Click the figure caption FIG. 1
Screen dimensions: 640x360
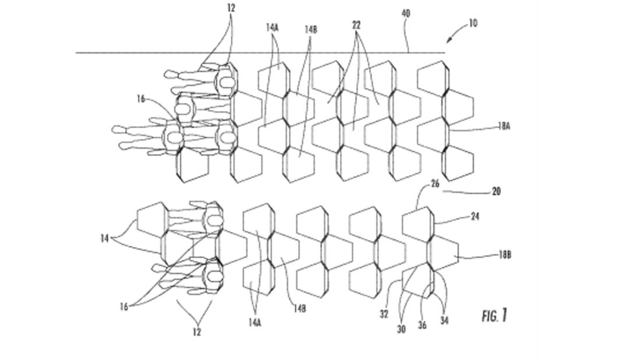tap(494, 315)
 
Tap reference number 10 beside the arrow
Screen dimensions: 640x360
tap(473, 23)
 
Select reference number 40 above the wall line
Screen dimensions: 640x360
tap(406, 13)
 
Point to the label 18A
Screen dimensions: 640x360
tap(504, 126)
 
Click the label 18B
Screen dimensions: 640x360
tap(505, 255)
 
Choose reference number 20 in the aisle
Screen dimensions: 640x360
tap(496, 191)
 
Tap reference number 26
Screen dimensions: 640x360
tap(435, 184)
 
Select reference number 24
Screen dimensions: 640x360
tap(475, 216)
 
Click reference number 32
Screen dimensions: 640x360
tap(384, 314)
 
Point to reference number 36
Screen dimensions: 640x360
tap(422, 325)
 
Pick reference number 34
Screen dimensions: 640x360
tap(444, 321)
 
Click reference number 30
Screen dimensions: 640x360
tap(401, 329)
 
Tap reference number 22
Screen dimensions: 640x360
tap(356, 25)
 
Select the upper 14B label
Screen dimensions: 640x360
tap(310, 29)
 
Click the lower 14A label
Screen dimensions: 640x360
tap(254, 323)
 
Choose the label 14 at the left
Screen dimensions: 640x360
tap(104, 238)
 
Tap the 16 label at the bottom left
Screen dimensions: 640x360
tap(124, 306)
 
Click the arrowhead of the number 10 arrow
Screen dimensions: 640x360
tap(448, 40)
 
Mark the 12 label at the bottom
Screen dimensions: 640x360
tap(197, 332)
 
